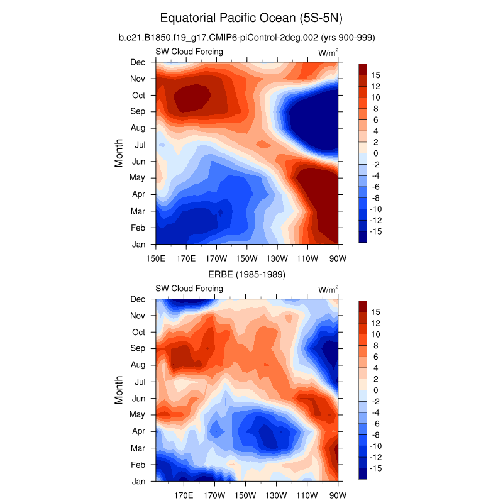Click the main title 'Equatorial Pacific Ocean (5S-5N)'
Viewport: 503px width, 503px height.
point(251,17)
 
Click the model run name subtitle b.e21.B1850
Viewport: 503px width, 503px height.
point(247,38)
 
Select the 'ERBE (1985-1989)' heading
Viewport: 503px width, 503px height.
point(247,274)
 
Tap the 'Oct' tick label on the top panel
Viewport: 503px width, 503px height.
point(138,96)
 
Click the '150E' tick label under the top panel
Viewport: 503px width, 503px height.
point(155,258)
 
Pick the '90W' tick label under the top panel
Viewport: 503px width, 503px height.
point(338,258)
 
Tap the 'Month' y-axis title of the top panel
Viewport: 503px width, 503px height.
point(119,153)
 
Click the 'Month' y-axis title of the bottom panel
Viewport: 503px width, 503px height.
point(119,390)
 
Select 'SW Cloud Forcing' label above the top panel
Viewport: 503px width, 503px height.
point(189,52)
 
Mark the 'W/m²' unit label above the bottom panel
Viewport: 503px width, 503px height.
point(328,289)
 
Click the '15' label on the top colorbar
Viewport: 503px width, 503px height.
point(375,75)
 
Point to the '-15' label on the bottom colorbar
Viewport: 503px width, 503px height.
point(377,468)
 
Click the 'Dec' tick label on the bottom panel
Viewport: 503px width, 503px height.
point(138,299)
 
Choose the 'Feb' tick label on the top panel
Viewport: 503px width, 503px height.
point(138,227)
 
